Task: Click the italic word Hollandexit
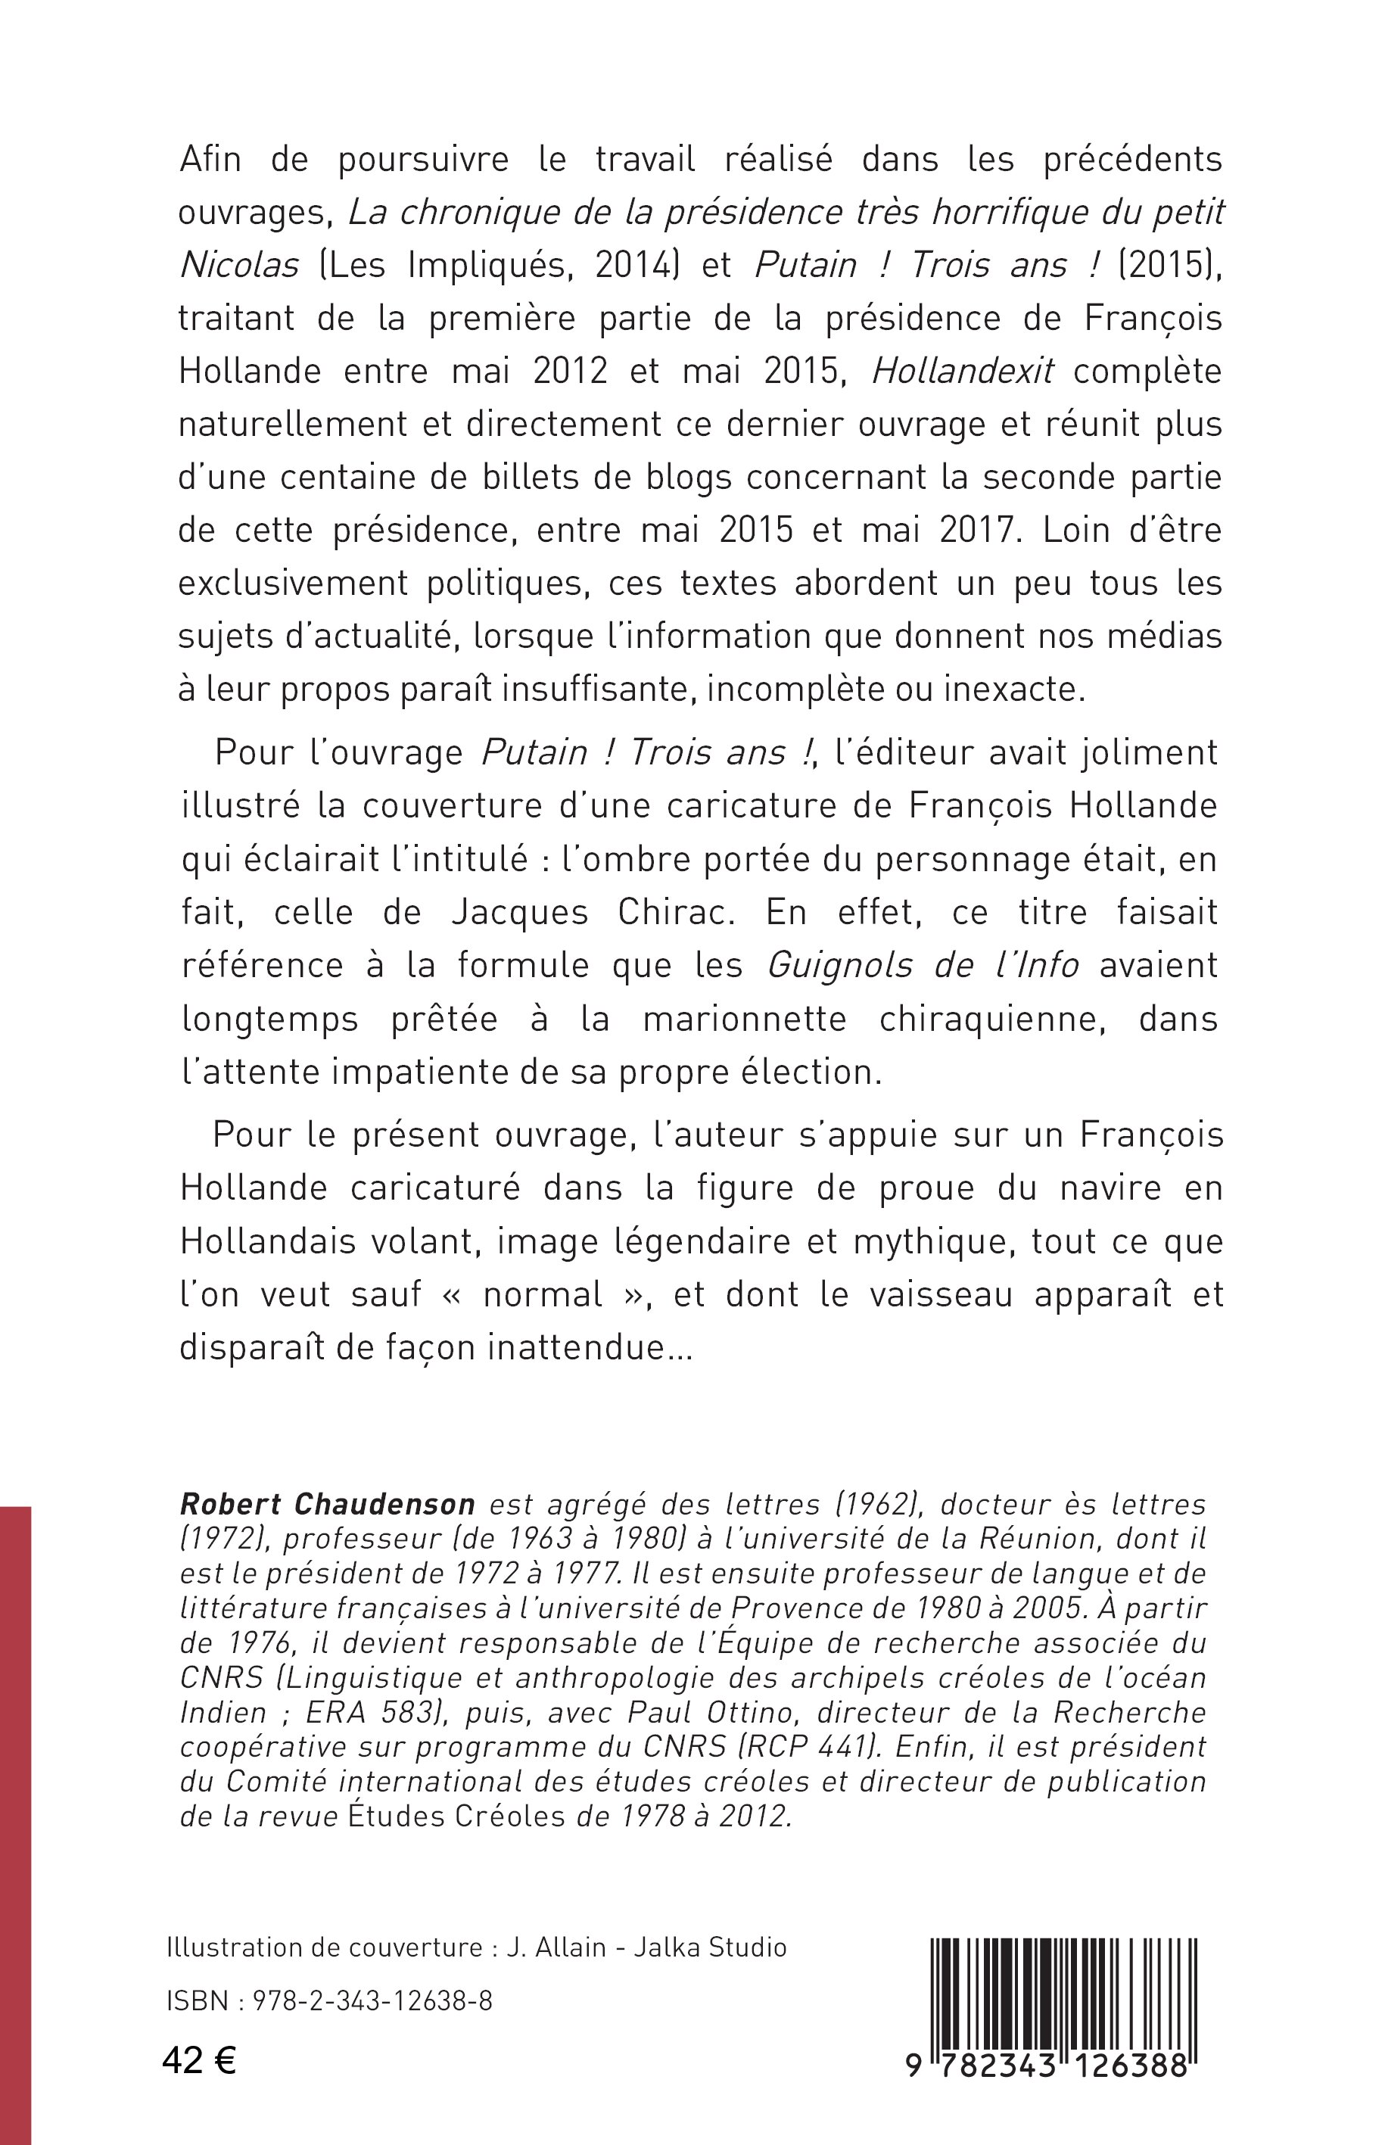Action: coord(962,372)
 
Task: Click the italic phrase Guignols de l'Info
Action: coord(923,965)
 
